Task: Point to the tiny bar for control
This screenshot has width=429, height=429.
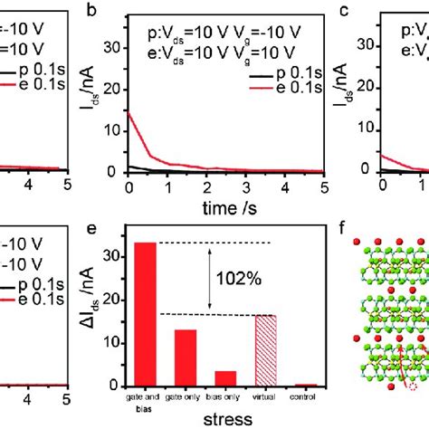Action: [310, 385]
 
